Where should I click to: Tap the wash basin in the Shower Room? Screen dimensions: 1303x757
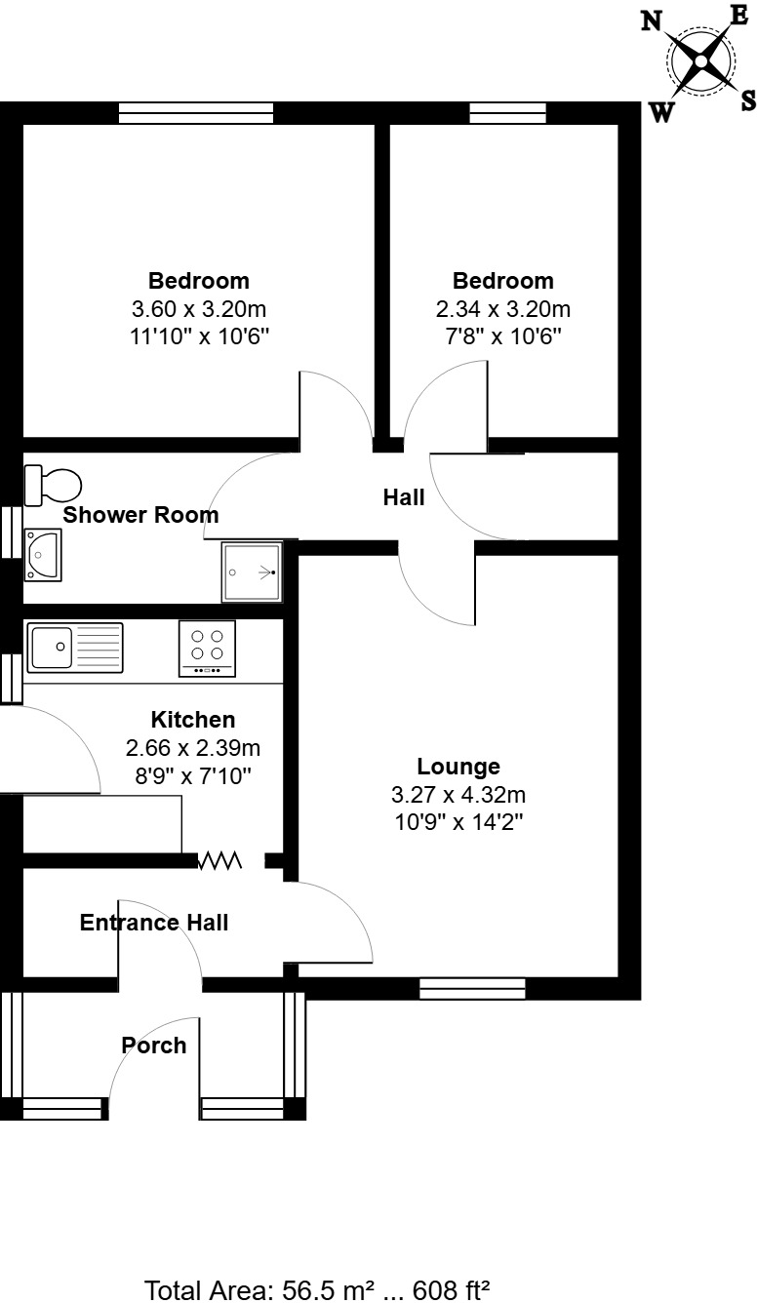coord(42,554)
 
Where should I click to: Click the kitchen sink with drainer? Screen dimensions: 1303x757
coord(75,648)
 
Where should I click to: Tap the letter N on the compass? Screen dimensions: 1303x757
coord(652,21)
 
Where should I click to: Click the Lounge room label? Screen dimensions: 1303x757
coord(458,767)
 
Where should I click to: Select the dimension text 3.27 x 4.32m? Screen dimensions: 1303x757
coord(458,794)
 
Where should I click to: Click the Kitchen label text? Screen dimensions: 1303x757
coord(192,720)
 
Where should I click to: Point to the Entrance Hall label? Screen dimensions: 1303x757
coord(154,923)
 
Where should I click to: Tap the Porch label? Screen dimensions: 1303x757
coord(153,1046)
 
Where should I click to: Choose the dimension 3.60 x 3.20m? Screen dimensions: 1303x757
coord(199,309)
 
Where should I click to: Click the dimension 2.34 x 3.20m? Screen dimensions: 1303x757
coord(502,309)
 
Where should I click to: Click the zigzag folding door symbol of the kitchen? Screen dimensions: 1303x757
coord(220,860)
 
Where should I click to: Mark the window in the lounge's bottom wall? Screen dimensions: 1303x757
coord(472,988)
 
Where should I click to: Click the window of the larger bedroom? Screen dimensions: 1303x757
coord(196,113)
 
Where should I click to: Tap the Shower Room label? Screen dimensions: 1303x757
coord(141,515)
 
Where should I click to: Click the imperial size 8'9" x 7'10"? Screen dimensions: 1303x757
coord(192,776)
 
